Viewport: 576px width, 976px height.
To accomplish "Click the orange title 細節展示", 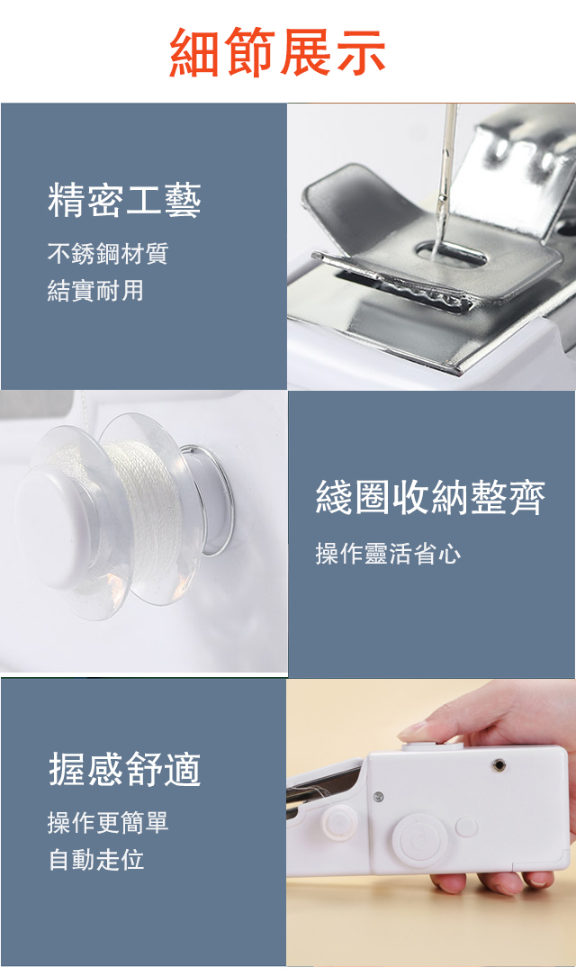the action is click(277, 52).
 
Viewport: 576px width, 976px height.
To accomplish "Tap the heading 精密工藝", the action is click(124, 201).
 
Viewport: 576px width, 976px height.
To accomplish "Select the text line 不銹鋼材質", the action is click(108, 253).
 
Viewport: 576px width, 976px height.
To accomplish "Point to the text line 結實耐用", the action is click(95, 290).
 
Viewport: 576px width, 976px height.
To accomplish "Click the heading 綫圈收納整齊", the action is click(430, 497).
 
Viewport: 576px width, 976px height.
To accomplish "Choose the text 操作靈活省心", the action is click(388, 553).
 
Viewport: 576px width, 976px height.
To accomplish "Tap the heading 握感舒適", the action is click(125, 769).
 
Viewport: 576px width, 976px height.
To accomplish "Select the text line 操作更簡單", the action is click(108, 822).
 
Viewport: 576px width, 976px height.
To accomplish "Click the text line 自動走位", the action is click(95, 860).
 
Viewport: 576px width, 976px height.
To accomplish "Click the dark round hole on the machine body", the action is click(499, 765).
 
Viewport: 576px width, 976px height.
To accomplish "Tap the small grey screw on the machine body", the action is click(378, 797).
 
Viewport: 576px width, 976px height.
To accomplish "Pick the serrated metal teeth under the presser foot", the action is click(423, 293).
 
